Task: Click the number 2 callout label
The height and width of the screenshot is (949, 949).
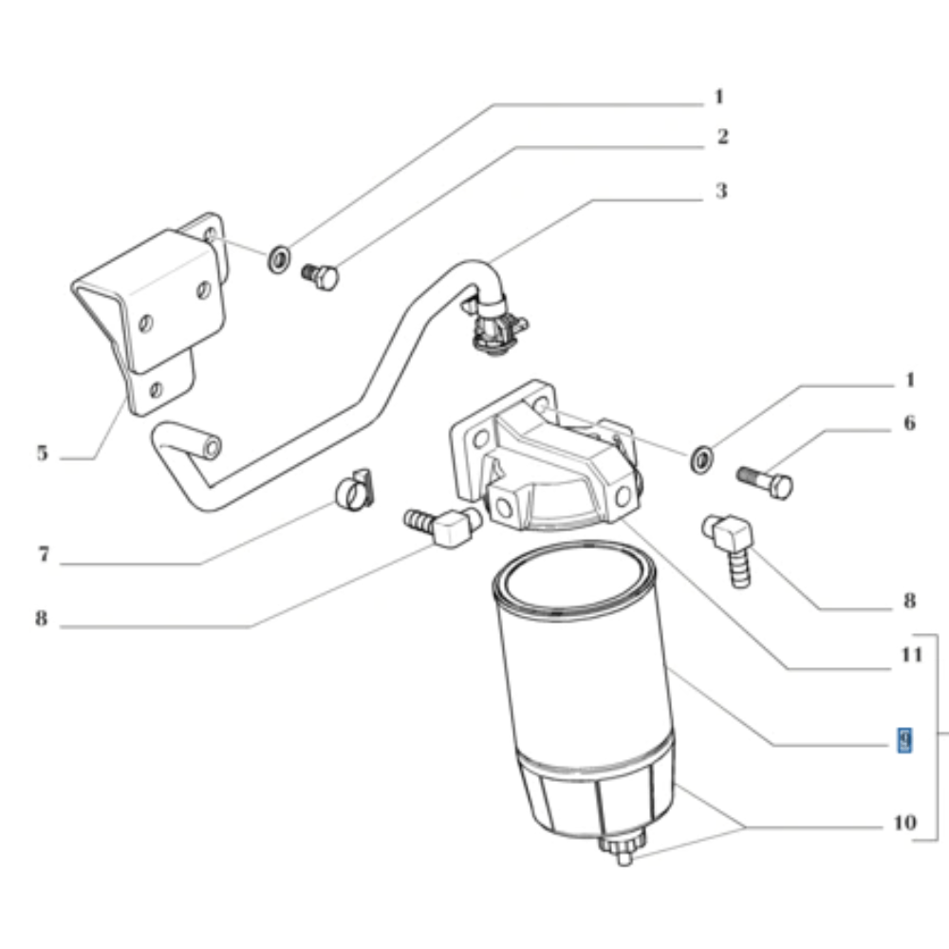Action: tap(722, 138)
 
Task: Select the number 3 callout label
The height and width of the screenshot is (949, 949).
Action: tap(721, 191)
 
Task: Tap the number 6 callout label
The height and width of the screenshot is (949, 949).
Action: tap(909, 422)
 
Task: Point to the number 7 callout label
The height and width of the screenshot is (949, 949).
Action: tap(43, 555)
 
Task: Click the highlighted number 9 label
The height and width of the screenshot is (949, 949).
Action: tap(905, 740)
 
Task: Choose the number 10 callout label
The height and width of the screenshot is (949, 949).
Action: tap(904, 822)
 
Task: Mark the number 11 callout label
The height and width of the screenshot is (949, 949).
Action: tap(911, 654)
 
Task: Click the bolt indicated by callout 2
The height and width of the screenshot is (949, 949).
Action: tap(321, 277)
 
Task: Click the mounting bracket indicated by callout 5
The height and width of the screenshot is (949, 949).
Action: tap(152, 313)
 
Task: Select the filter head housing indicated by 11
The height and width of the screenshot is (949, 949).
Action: tap(546, 465)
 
